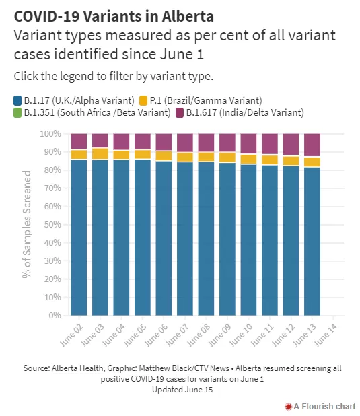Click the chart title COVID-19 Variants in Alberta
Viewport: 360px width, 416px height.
114,16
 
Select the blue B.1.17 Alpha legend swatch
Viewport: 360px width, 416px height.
17,101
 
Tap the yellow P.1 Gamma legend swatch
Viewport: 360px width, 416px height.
143,101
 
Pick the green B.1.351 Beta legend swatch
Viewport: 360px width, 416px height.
17,113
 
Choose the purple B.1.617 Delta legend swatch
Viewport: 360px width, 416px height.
180,113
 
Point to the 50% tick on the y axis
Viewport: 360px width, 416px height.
52,225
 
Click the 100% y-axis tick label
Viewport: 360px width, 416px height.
50,134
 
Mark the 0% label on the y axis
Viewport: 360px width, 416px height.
55,316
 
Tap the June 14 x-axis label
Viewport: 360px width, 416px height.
326,335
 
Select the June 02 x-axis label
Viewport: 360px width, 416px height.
71,335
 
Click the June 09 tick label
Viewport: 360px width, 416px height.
219,335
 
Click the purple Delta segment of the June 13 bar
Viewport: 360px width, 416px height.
312,145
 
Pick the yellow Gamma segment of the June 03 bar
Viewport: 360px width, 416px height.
100,154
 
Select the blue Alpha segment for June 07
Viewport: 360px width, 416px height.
185,239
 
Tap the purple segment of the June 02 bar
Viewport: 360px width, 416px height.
79,141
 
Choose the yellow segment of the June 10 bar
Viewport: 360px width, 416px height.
248,159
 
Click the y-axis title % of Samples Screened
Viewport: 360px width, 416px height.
26,224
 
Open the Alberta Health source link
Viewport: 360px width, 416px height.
77,368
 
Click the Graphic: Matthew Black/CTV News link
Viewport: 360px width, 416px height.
168,368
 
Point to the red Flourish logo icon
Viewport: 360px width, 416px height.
289,407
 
